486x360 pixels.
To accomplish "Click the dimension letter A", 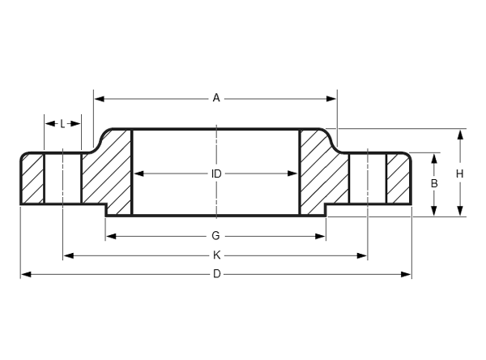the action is [x=216, y=98].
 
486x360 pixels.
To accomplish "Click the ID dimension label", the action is [x=216, y=174].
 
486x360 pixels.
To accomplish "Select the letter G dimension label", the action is [x=215, y=236].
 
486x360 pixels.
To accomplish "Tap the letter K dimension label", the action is [x=216, y=255].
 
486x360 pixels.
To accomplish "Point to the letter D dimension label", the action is [x=216, y=274].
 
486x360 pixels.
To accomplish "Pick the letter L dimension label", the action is [x=62, y=124].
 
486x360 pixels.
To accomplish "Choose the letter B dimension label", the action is [x=434, y=183].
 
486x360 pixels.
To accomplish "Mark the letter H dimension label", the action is [x=459, y=174].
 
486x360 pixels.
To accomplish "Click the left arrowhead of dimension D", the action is [x=26, y=274].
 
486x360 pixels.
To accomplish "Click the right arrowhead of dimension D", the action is [x=406, y=274].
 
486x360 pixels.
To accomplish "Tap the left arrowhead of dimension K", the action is [x=69, y=255].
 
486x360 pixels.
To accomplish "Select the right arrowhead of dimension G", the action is [x=320, y=237].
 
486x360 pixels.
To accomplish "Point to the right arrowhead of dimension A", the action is [x=331, y=99].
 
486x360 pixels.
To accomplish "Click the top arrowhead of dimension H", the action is [x=460, y=135].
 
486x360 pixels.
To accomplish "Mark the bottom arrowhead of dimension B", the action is [x=434, y=211].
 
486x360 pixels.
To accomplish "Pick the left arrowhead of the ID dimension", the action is [x=139, y=174].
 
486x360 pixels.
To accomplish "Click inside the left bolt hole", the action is [x=63, y=178].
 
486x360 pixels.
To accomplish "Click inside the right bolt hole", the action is [x=368, y=178].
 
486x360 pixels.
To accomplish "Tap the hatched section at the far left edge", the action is [x=32, y=179].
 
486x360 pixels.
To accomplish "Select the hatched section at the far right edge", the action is [x=399, y=179].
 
